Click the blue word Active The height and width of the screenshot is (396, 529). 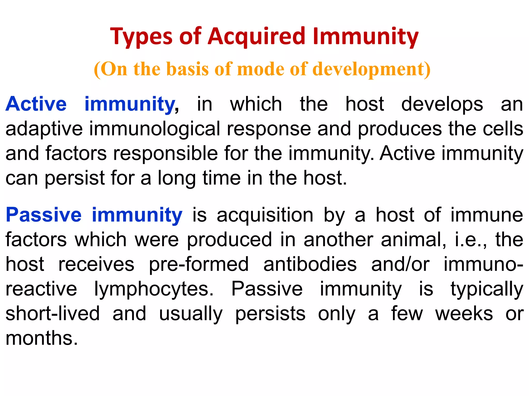[36, 104]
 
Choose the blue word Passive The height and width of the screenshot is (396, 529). [44, 215]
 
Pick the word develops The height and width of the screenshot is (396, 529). [442, 104]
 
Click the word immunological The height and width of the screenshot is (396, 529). [155, 129]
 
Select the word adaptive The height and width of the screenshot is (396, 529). [44, 129]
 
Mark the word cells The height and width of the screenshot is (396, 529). [503, 129]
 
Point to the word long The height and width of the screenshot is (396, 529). [177, 178]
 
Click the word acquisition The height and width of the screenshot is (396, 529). [265, 215]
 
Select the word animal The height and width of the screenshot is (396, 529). [413, 240]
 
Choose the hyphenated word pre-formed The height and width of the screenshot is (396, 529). [199, 264]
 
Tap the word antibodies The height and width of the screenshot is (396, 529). [310, 264]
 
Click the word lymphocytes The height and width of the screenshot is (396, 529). [154, 289]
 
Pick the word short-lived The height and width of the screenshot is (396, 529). [53, 313]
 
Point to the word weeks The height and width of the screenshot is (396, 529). [464, 313]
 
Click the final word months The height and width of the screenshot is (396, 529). [42, 338]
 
